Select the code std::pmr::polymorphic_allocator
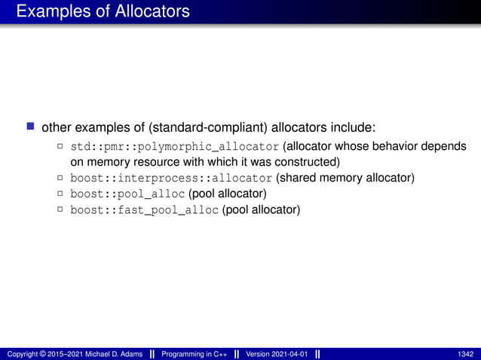coord(175,145)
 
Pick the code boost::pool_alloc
coord(127,194)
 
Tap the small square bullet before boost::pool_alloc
coord(60,194)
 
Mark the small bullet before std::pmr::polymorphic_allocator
coord(60,145)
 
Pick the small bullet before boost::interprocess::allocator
coord(60,178)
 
